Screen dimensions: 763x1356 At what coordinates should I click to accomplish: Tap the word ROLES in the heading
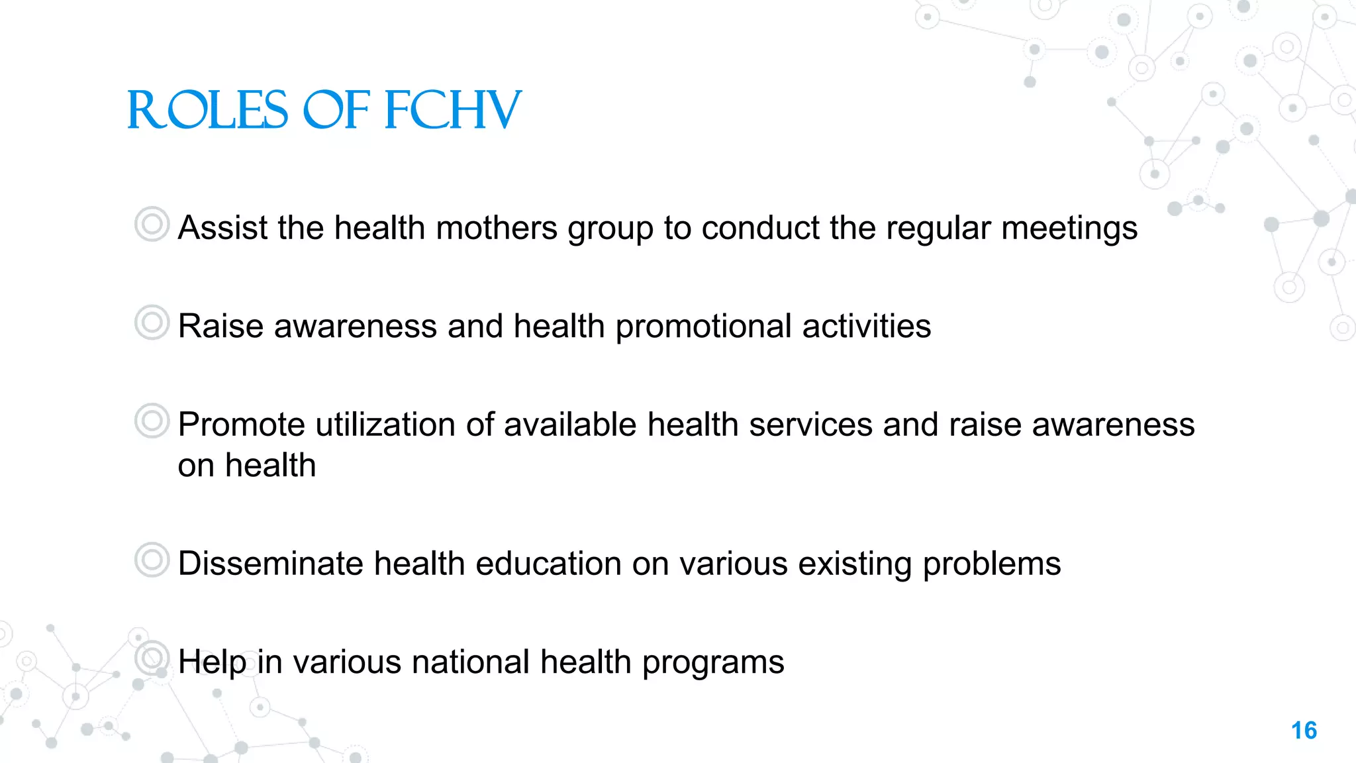(x=207, y=111)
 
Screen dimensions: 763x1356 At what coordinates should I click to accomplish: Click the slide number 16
(x=1304, y=731)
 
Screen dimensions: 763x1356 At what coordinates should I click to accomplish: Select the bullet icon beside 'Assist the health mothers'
(x=152, y=224)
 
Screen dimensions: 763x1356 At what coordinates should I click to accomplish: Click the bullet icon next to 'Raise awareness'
(x=152, y=323)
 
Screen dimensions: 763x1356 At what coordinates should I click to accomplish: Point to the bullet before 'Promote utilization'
(x=152, y=421)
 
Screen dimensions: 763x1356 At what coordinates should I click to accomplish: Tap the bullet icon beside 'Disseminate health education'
(x=152, y=560)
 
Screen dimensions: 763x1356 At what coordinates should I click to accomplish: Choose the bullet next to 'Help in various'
(x=152, y=658)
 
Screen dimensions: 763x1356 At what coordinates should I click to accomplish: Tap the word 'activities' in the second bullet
(x=866, y=327)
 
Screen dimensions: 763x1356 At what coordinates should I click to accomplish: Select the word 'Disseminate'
(x=270, y=564)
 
